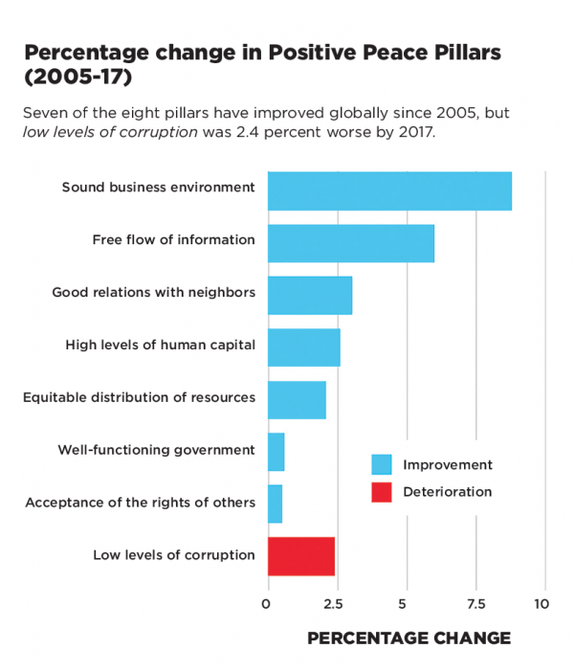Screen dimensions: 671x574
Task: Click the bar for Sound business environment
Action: coord(389,190)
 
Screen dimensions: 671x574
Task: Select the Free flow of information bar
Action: coord(350,243)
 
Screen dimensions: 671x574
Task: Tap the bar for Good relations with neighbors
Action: coord(309,295)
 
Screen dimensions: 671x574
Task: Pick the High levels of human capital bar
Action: coord(303,347)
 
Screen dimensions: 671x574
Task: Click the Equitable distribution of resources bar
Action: coord(297,399)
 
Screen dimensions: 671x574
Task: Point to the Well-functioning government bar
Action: coord(276,451)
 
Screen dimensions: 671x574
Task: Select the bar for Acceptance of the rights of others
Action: coord(275,503)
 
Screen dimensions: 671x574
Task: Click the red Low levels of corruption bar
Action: coord(300,556)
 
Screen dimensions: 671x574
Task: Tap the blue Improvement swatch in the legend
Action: coord(382,465)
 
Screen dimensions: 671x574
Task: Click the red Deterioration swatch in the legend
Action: coord(382,492)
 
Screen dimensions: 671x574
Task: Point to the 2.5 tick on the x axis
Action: coord(332,605)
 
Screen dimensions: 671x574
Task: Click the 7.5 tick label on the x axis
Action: coord(475,605)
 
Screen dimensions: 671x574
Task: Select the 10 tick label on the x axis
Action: coord(541,605)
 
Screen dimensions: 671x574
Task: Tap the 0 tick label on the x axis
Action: coord(266,605)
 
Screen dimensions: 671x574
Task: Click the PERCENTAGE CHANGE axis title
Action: coord(408,637)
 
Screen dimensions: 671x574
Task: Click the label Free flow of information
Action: coord(173,239)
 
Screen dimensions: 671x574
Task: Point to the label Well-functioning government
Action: coord(156,449)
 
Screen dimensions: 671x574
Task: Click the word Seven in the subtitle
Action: coord(45,112)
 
